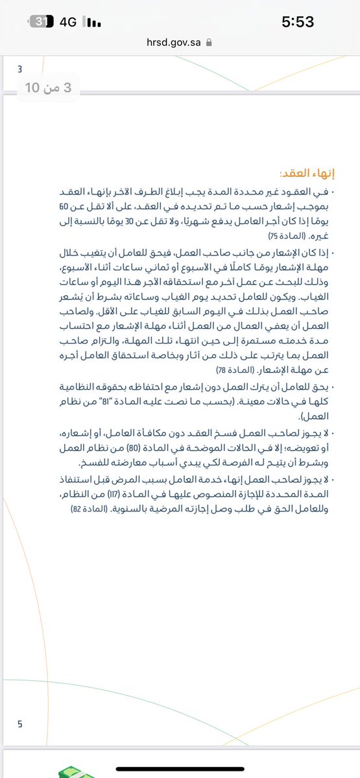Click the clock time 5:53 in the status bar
[298, 21]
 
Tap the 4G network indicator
[67, 22]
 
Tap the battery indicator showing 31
[41, 21]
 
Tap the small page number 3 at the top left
[19, 69]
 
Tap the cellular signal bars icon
[93, 23]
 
